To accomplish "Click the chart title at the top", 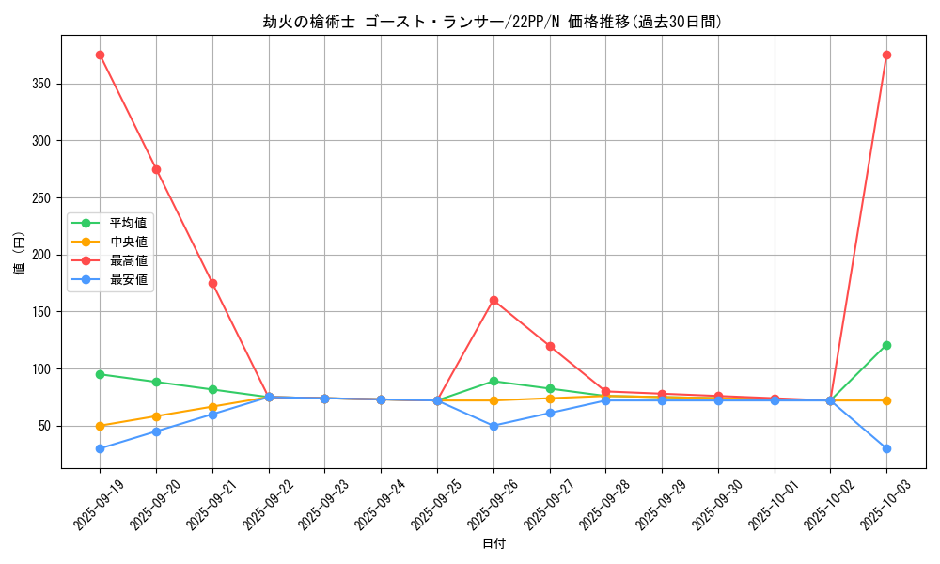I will point(493,22).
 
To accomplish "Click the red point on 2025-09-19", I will point(100,55).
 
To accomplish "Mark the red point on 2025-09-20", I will point(156,169).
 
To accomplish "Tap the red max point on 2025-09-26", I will point(493,300).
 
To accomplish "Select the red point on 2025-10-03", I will point(886,55).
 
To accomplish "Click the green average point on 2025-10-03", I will point(886,345).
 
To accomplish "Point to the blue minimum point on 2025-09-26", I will point(493,426).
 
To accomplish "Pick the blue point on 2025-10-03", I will point(886,448).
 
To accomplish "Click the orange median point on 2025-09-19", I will point(100,426).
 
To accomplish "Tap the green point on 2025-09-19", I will point(100,374).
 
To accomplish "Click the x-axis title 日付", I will point(493,544).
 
